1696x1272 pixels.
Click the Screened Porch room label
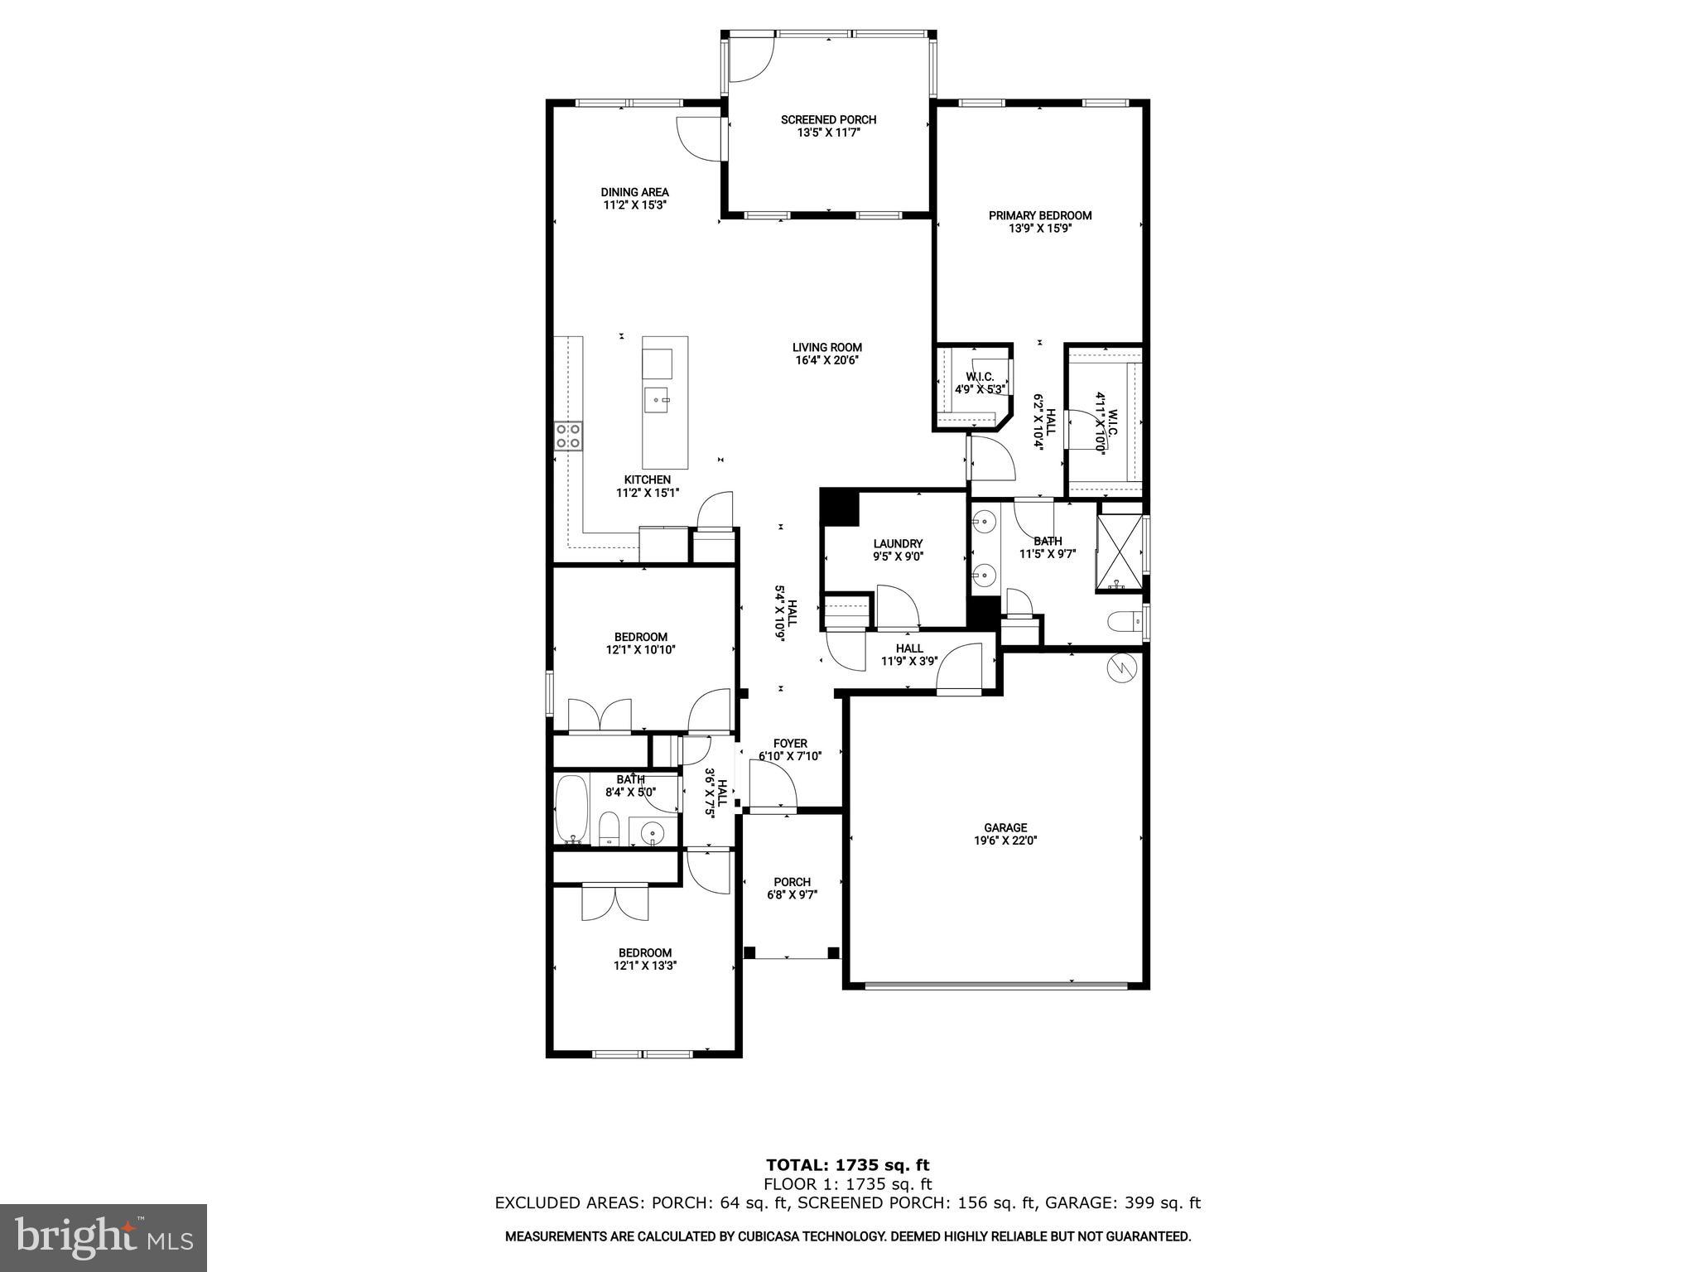[x=828, y=120]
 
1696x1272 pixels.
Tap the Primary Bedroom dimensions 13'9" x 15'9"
[x=1040, y=229]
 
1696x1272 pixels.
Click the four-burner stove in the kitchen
[x=568, y=436]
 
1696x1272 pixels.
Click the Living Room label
[x=826, y=348]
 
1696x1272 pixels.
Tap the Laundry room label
[x=898, y=544]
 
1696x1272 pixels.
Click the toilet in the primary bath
[x=1124, y=622]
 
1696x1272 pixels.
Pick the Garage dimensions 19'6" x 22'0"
[x=1005, y=840]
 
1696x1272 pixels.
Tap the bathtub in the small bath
[x=571, y=807]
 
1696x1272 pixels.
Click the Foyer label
[x=790, y=744]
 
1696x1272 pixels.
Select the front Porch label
[x=792, y=882]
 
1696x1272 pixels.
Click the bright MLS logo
[x=104, y=1237]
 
